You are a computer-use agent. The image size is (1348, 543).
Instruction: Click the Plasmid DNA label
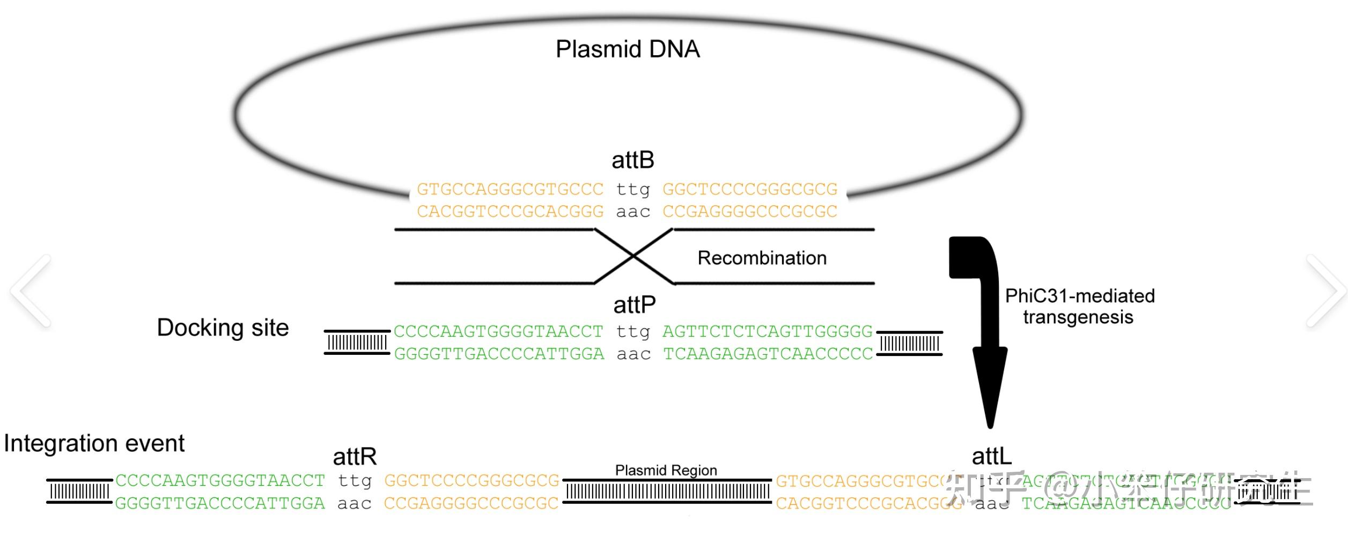coord(627,49)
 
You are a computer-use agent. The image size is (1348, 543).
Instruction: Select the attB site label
coord(633,160)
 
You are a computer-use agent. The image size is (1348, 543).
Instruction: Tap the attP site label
coord(634,305)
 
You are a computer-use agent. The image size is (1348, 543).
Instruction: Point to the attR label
coord(355,457)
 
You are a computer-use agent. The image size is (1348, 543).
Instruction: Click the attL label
coord(991,457)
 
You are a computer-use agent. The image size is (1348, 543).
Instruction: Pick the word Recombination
coord(762,258)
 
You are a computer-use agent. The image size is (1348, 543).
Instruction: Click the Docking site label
coord(223,328)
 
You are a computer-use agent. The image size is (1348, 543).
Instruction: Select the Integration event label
coord(94,443)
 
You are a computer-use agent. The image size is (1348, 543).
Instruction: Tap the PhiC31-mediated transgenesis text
coord(1079,307)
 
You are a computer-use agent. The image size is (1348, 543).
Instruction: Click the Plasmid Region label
coord(666,470)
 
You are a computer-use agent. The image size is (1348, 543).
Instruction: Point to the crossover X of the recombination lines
coord(634,257)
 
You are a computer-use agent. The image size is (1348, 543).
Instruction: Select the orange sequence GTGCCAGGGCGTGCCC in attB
coord(510,189)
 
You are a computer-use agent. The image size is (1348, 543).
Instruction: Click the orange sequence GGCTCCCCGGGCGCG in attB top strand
coord(750,189)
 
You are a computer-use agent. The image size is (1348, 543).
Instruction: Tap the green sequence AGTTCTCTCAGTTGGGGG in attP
coord(768,332)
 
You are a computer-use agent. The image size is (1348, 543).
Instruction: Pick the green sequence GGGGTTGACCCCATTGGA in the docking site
coord(499,354)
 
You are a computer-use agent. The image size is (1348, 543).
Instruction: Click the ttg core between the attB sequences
coord(633,189)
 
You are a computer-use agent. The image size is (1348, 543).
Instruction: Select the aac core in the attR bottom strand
coord(355,504)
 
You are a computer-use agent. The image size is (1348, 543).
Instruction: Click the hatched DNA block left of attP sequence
coord(357,343)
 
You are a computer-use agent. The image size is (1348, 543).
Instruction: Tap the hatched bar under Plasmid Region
coord(667,492)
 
